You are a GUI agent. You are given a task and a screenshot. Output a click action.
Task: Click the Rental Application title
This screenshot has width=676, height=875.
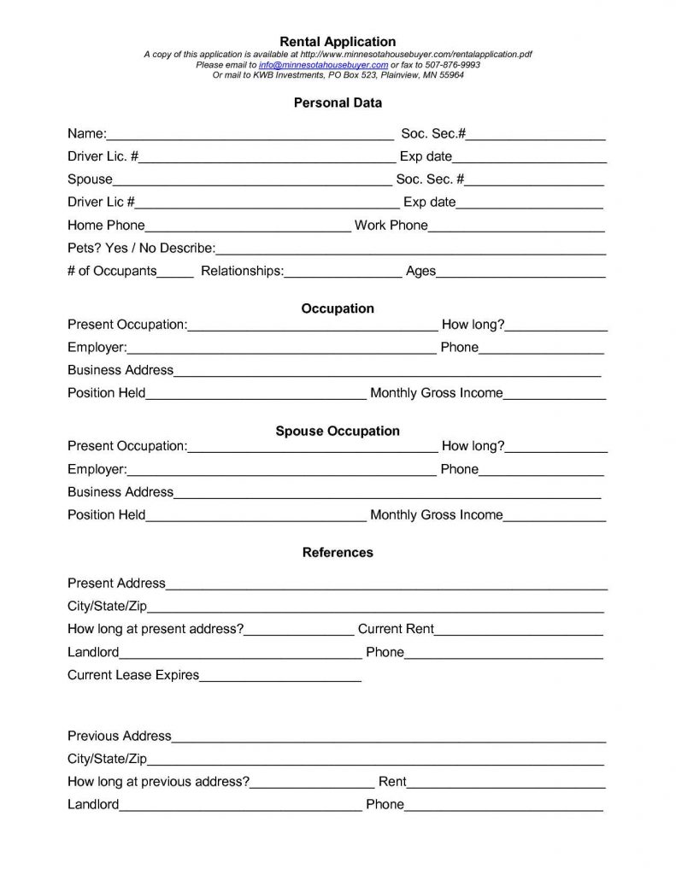[x=338, y=41]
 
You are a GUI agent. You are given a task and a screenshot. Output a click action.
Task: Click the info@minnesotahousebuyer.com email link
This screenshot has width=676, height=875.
[x=323, y=65]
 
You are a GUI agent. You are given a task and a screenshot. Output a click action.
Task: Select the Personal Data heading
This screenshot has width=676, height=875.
[x=338, y=103]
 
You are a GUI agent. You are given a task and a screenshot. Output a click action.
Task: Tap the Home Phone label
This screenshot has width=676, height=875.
[x=106, y=226]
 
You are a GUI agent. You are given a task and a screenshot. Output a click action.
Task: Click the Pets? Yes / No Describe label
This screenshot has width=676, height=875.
[x=141, y=249]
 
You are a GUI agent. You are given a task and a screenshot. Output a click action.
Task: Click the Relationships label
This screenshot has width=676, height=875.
[x=242, y=271]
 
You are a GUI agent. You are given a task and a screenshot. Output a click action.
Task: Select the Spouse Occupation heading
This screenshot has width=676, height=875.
[x=338, y=431]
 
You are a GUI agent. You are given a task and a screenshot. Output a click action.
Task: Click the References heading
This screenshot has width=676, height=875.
[x=338, y=553]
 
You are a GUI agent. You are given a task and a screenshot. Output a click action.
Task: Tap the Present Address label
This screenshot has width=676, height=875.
[x=116, y=584]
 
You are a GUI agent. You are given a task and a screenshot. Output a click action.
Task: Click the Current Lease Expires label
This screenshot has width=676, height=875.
[x=133, y=675]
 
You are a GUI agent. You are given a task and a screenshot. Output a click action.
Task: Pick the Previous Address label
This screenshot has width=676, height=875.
[x=120, y=736]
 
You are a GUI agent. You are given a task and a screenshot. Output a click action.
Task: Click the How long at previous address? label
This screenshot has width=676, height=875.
[x=158, y=781]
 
